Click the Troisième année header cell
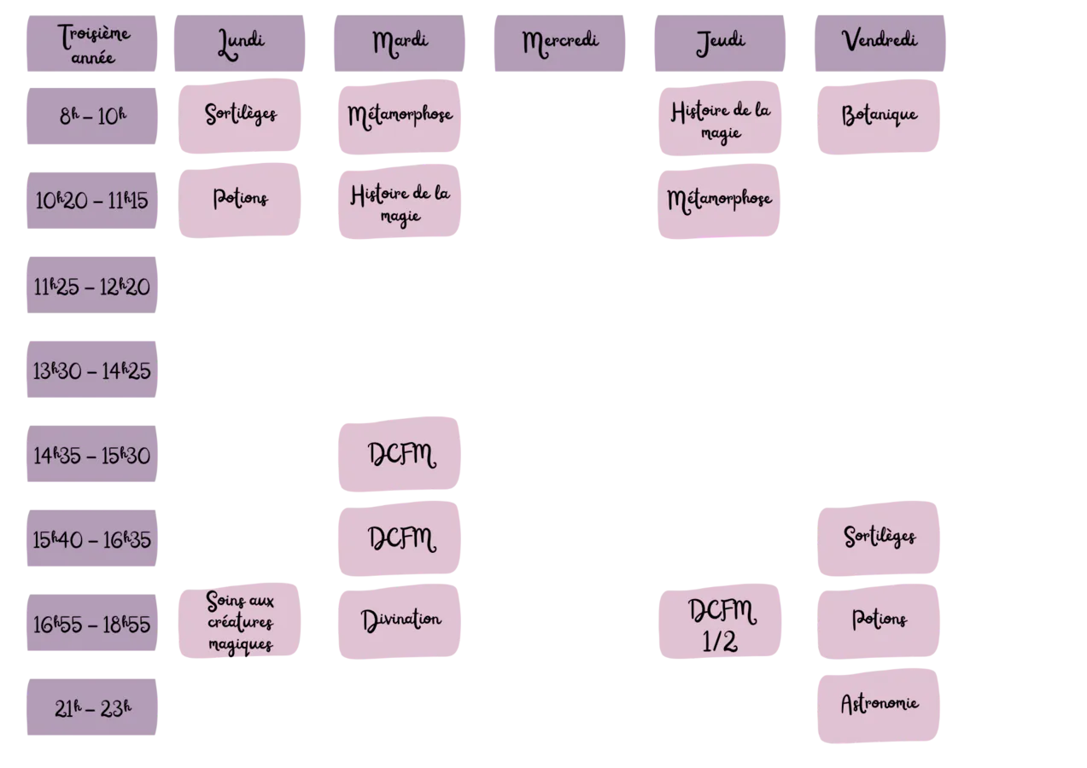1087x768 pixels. coord(91,44)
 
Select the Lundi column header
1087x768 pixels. coord(240,44)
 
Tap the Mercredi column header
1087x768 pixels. coord(559,44)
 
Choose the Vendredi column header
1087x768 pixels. coord(880,44)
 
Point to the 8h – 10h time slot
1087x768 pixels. coord(91,116)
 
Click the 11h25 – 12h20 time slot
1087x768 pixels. coord(91,285)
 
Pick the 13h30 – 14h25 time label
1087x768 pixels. coord(91,369)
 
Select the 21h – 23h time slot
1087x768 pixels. coord(91,707)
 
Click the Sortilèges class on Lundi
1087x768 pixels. coord(240,116)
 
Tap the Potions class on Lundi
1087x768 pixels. coord(240,201)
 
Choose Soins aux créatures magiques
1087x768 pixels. coord(240,620)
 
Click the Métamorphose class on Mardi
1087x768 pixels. coord(400,117)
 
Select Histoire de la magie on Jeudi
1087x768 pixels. coord(720,119)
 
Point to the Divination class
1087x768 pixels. coord(400,621)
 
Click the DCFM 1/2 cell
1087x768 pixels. coord(720,621)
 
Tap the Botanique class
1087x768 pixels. coord(879,117)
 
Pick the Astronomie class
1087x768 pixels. coord(879,706)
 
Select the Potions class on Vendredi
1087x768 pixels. coord(879,621)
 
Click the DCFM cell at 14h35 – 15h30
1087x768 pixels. coord(400,454)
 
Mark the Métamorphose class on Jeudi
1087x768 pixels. coord(719,201)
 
